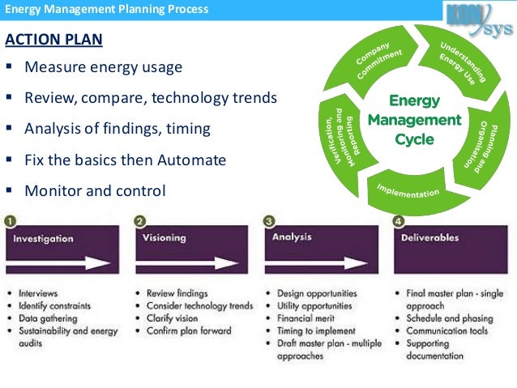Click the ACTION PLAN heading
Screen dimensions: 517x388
pyautogui.click(x=53, y=40)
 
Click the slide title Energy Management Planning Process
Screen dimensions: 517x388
pyautogui.click(x=106, y=10)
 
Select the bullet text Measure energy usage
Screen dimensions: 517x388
pyautogui.click(x=103, y=67)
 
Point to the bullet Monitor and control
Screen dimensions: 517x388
pyautogui.click(x=95, y=191)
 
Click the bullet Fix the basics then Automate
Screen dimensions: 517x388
pyautogui.click(x=125, y=160)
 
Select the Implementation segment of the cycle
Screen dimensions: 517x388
pyautogui.click(x=408, y=191)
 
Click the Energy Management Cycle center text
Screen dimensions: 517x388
pyautogui.click(x=414, y=121)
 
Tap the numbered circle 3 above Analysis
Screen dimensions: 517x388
pyautogui.click(x=270, y=220)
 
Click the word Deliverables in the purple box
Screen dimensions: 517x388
pyautogui.click(x=429, y=238)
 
